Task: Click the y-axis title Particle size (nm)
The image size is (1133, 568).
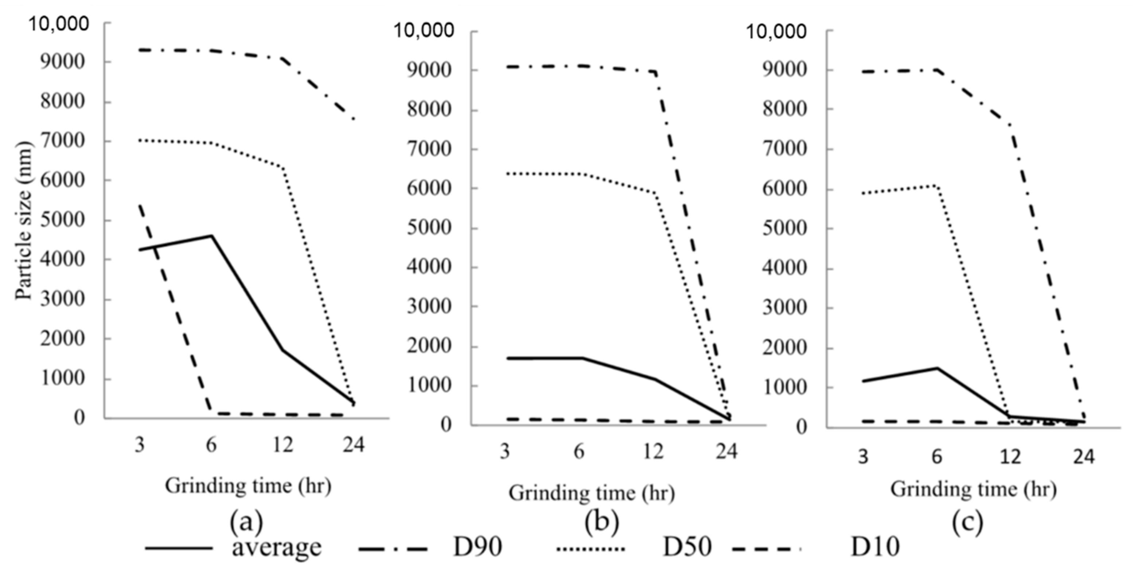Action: click(24, 220)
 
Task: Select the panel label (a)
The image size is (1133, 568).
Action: click(247, 523)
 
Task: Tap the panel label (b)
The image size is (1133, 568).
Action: click(602, 523)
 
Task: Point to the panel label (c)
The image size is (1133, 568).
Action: click(967, 523)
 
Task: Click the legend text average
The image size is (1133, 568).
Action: click(277, 547)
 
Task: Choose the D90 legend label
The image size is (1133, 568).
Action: click(478, 547)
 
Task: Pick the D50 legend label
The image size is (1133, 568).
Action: click(687, 547)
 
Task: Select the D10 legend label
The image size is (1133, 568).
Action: click(875, 547)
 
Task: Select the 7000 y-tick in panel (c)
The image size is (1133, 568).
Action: click(785, 149)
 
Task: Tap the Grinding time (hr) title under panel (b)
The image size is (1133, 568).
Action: click(592, 493)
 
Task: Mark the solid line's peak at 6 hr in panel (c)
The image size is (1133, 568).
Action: click(937, 368)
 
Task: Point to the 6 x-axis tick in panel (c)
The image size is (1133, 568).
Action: click(937, 457)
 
